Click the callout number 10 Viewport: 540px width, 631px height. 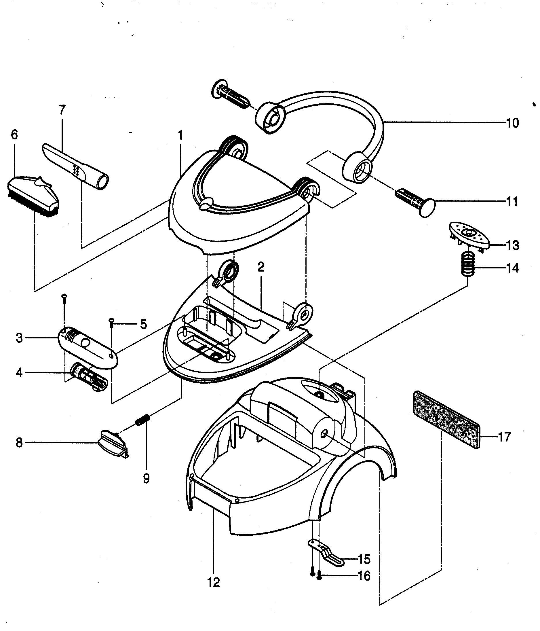512,123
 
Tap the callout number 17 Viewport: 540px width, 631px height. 505,437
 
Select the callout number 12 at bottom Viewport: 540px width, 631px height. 213,583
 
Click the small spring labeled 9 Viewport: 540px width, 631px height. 141,420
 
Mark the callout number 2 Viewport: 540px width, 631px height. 261,267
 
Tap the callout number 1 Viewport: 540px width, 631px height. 180,135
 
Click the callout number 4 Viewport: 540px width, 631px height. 19,372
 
